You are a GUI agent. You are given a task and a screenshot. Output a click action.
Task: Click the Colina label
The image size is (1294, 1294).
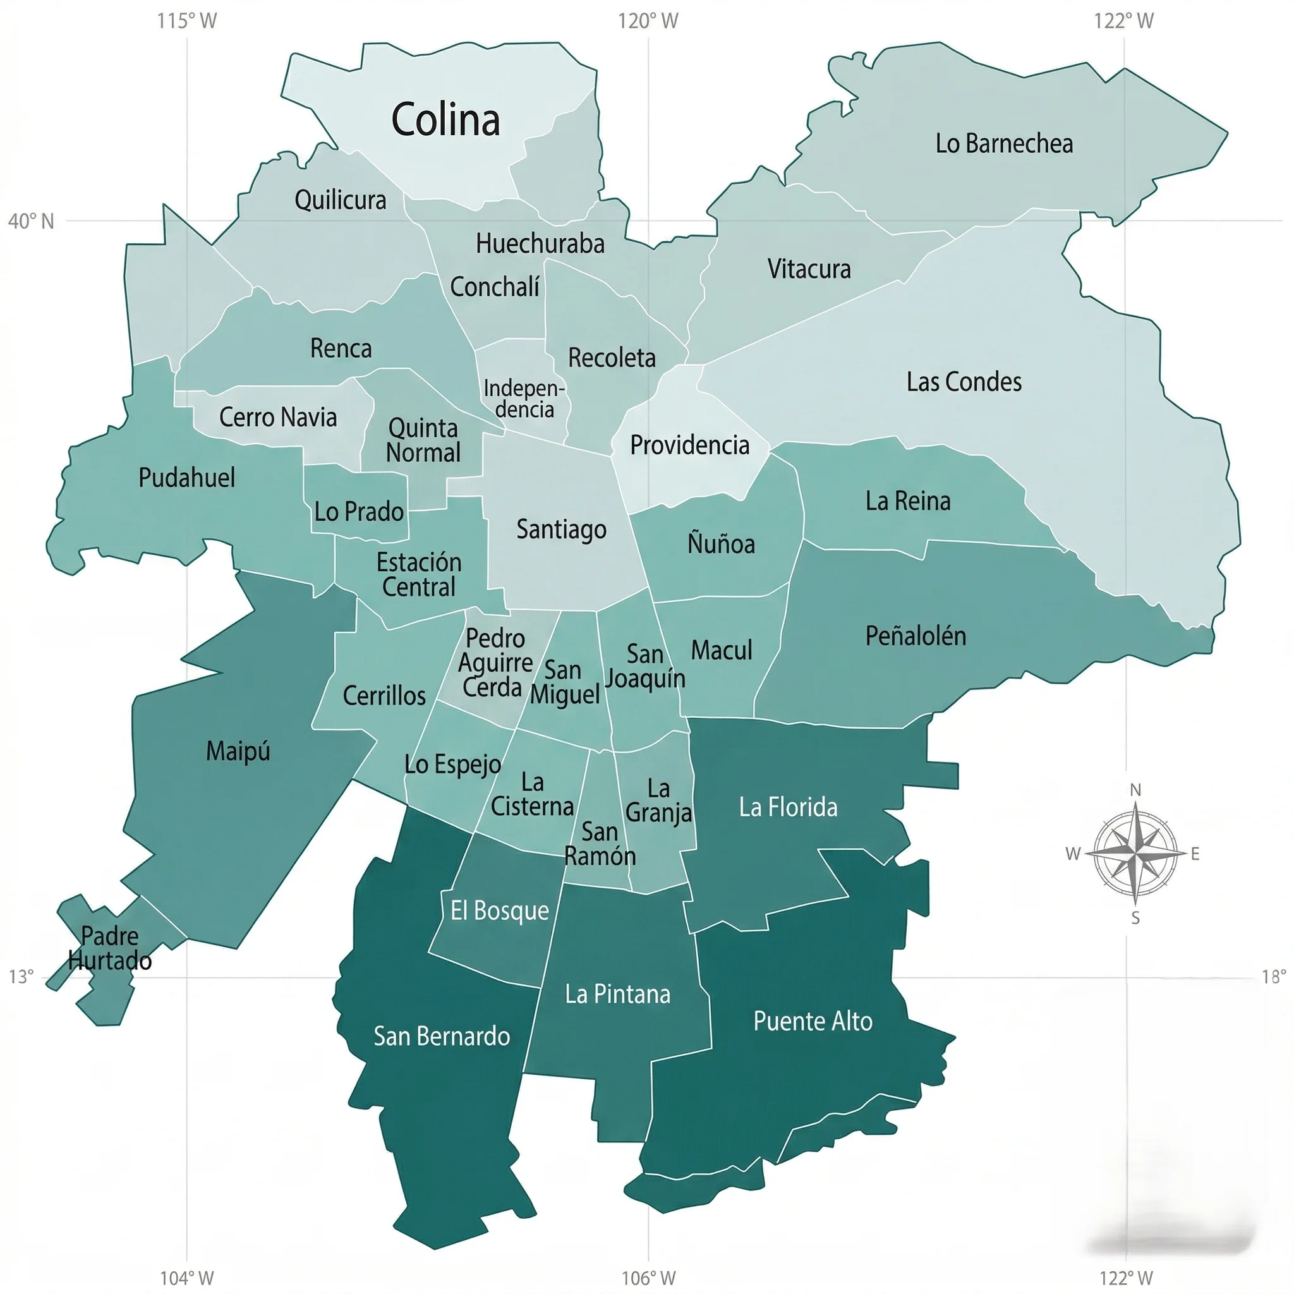pyautogui.click(x=445, y=120)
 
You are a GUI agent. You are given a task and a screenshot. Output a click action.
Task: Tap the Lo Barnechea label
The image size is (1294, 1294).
pyautogui.click(x=1003, y=143)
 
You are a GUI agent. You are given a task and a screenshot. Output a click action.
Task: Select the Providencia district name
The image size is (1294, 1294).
pyautogui.click(x=689, y=445)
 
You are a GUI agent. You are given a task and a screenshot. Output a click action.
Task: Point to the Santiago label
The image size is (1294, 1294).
pyautogui.click(x=561, y=529)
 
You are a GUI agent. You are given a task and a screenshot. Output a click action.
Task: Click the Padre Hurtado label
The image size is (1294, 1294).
pyautogui.click(x=110, y=948)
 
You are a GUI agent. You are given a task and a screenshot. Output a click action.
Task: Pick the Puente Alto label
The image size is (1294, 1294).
pyautogui.click(x=813, y=1021)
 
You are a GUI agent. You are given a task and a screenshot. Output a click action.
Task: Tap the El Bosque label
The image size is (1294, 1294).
pyautogui.click(x=499, y=910)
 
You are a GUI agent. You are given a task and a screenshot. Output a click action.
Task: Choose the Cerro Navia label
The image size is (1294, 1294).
pyautogui.click(x=278, y=417)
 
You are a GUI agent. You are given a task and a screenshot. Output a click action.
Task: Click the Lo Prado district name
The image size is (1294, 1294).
pyautogui.click(x=359, y=512)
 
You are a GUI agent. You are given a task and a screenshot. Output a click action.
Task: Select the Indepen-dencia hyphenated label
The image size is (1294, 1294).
pyautogui.click(x=524, y=399)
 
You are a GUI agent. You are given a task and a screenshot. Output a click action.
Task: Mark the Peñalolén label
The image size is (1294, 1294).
pyautogui.click(x=916, y=636)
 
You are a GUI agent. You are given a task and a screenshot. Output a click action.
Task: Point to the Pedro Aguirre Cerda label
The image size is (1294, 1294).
pyautogui.click(x=494, y=662)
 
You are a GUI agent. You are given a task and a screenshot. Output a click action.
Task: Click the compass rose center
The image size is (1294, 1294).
pyautogui.click(x=1135, y=854)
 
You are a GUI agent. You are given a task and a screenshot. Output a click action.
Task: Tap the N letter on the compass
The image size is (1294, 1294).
pyautogui.click(x=1135, y=790)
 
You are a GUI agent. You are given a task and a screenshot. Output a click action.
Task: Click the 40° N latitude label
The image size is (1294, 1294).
pyautogui.click(x=31, y=221)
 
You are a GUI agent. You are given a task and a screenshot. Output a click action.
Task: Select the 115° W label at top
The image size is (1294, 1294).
pyautogui.click(x=187, y=21)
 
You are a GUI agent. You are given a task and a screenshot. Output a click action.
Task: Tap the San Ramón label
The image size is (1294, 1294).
pyautogui.click(x=600, y=844)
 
